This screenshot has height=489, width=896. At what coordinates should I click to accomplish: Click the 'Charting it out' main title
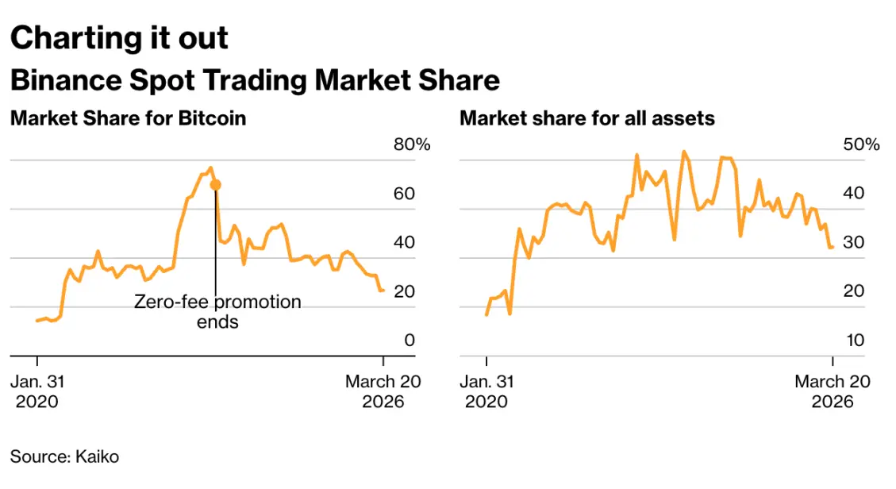tap(119, 38)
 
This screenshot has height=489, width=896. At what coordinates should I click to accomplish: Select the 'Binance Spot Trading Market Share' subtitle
tap(255, 80)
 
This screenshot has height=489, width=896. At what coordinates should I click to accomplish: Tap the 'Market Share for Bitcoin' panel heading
tap(128, 118)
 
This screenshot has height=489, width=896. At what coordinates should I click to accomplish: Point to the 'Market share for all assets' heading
tap(587, 118)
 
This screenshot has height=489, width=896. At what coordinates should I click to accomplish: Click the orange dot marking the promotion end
tap(215, 184)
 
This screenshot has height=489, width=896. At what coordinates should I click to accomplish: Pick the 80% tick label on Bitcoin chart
tap(411, 144)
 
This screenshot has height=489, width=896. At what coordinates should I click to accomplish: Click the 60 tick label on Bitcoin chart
tap(404, 194)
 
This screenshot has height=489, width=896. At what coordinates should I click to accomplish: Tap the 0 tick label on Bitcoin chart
tap(410, 341)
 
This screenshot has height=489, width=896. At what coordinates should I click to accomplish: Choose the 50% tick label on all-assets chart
tap(861, 144)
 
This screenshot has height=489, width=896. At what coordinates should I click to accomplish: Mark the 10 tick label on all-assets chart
tap(854, 341)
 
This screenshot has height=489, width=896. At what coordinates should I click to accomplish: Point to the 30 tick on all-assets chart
tap(854, 243)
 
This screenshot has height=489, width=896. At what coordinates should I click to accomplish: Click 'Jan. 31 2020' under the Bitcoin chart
tap(37, 391)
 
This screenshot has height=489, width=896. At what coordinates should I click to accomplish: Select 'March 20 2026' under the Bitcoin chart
tap(383, 391)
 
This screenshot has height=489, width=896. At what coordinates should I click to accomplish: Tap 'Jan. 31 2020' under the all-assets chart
tap(486, 391)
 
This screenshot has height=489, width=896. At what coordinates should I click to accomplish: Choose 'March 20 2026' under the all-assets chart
tap(833, 391)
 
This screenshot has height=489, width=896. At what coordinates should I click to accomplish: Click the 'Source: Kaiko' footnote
tap(64, 456)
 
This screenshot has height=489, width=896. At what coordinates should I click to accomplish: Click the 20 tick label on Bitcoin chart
tap(404, 291)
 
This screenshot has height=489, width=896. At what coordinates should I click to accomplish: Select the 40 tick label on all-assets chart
tap(854, 194)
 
